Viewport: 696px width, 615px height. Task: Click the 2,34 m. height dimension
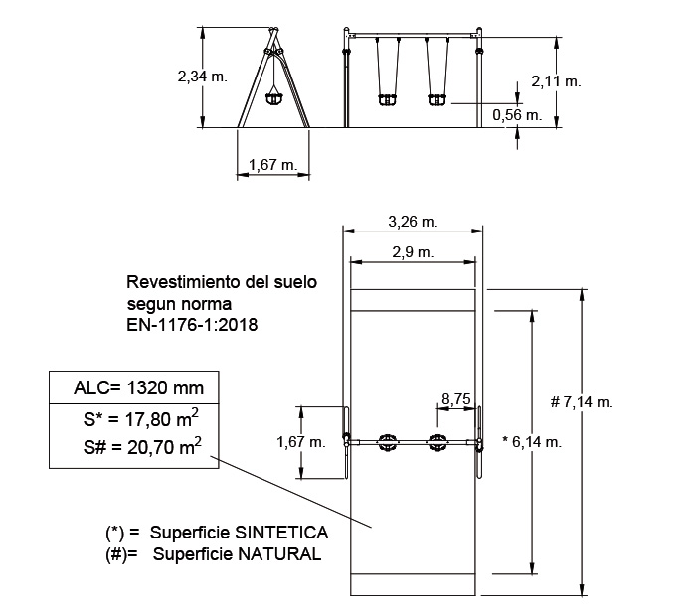201,75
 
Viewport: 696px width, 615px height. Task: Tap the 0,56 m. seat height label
517,115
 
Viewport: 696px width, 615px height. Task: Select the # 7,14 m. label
582,402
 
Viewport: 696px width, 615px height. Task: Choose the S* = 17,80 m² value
137,419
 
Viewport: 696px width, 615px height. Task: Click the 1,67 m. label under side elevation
272,165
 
